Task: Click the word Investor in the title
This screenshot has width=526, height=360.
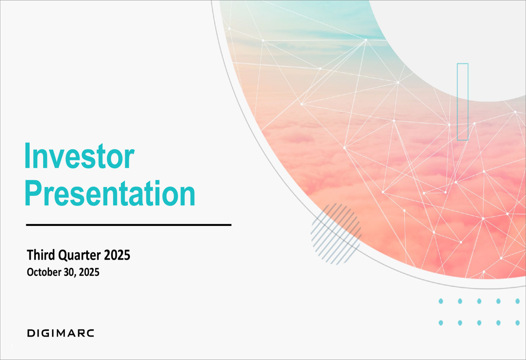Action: coord(79,156)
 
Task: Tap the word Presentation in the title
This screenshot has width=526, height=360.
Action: coord(110,193)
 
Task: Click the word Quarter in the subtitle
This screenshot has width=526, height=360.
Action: coord(79,256)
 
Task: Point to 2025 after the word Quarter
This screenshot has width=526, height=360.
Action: coord(117,255)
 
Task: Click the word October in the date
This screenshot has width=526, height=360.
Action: coord(44,272)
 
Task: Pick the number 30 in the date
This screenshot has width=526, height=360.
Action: coord(69,272)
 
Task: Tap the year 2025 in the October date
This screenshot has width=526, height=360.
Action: coord(89,272)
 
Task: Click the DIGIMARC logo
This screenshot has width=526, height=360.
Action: coord(60,333)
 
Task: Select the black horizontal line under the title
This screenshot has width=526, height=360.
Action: coord(129,225)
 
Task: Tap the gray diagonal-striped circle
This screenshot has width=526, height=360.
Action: coord(336,234)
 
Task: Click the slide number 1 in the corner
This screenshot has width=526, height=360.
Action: coord(12,346)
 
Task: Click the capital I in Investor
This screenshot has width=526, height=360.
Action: coord(27,156)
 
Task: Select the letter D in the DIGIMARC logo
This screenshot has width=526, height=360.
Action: coord(31,333)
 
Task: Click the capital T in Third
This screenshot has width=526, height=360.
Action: coord(31,255)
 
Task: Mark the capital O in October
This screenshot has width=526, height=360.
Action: coord(30,272)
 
